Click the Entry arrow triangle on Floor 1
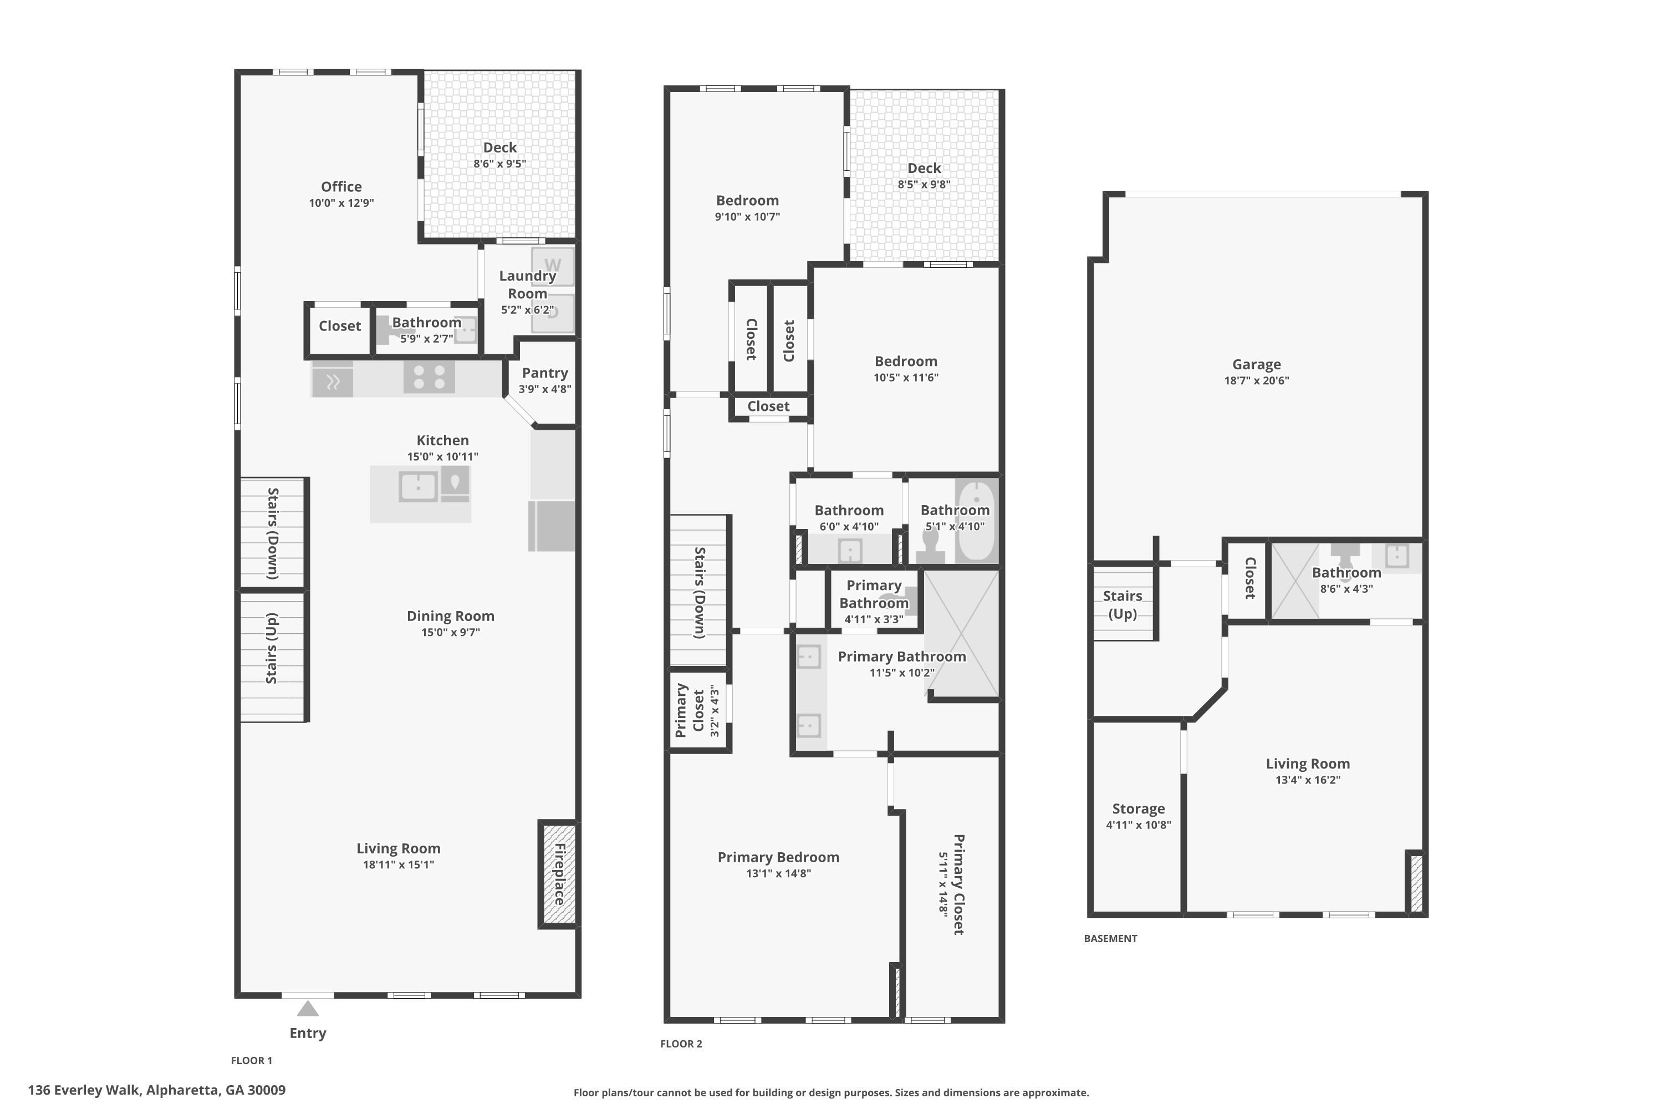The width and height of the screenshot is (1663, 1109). coord(308,1008)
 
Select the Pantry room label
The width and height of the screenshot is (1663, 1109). coord(544,373)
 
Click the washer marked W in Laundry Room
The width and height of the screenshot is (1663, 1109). coord(553,267)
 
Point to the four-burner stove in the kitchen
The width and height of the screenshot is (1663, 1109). coord(429,377)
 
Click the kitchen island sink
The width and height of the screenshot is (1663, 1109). coord(419,487)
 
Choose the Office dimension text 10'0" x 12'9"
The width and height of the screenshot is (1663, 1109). coord(341,203)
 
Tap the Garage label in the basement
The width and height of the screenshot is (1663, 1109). coord(1257,364)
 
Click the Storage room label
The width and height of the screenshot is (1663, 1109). coord(1139,808)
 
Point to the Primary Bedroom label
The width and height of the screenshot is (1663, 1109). coord(778,857)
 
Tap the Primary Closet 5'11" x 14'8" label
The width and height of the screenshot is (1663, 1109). coord(952,885)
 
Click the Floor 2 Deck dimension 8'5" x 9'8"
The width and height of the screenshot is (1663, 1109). coord(924,185)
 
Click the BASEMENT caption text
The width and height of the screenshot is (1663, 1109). coord(1110,939)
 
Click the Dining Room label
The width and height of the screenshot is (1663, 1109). coord(450,616)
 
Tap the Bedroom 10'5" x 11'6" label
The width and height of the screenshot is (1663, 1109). coord(906,369)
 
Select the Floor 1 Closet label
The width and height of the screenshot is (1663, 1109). coord(339,326)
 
